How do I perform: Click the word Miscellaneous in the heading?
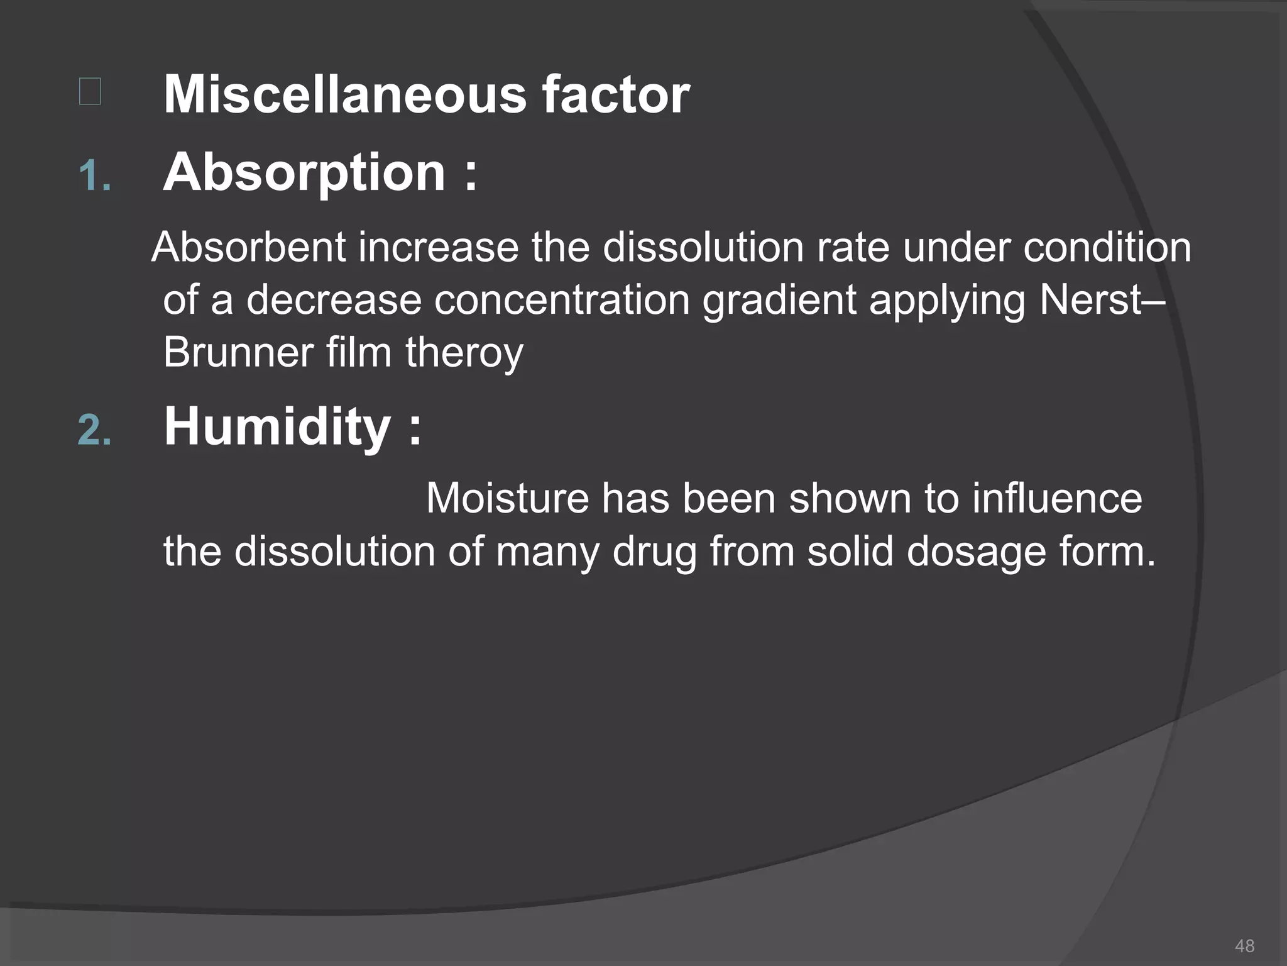[344, 95]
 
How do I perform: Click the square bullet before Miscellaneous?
[90, 92]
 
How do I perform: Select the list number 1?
[94, 176]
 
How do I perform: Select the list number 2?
[94, 431]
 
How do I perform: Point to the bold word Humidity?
[277, 427]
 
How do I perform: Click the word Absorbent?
[249, 247]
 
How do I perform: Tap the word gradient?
[779, 300]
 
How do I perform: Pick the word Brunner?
[238, 352]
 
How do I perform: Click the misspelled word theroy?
[464, 353]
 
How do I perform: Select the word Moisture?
[507, 499]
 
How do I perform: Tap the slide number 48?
[1244, 946]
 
